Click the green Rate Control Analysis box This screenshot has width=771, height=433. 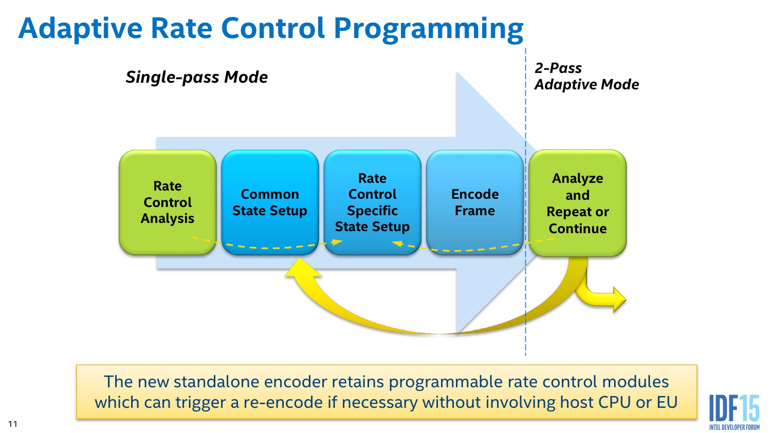[168, 202]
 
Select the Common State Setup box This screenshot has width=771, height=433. [270, 202]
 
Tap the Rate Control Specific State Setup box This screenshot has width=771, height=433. [373, 202]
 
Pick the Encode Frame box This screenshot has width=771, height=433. [475, 202]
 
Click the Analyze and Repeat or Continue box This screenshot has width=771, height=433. [578, 203]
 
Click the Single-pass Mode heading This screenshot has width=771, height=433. [197, 77]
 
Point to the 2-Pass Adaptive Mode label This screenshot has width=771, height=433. [586, 76]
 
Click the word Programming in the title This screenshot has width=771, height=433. [429, 29]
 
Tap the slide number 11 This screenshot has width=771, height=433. [13, 424]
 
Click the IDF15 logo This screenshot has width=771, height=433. [734, 411]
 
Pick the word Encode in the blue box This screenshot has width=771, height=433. [475, 194]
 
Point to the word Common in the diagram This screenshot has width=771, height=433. [270, 194]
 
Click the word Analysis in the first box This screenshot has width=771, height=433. [168, 218]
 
